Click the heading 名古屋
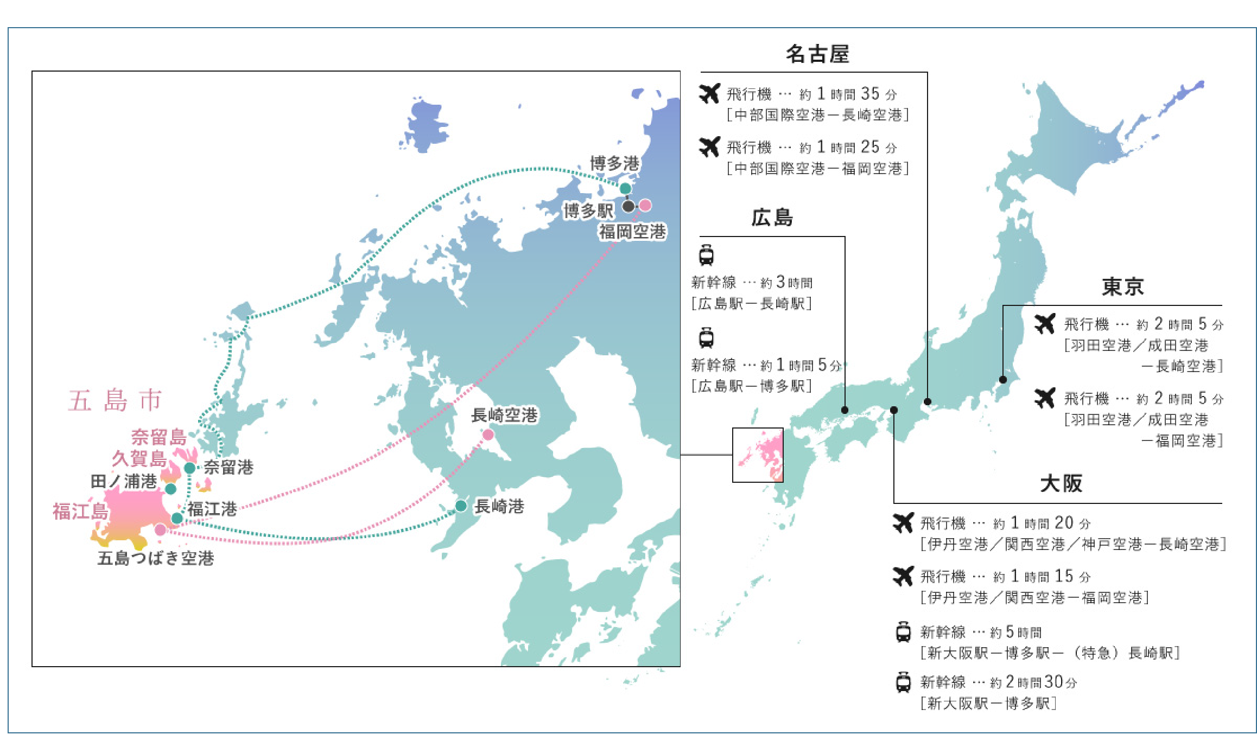(817, 54)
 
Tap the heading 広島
(772, 218)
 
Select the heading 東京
(1122, 286)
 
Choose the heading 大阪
(1061, 483)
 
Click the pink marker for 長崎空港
(488, 434)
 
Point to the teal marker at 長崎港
(461, 506)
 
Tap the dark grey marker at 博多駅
(628, 206)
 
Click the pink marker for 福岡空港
(645, 205)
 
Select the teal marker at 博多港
(625, 188)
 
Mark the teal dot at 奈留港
(189, 468)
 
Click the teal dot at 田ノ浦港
(170, 489)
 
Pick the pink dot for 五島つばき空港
(160, 529)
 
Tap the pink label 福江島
(80, 511)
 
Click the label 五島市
(115, 400)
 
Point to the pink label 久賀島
(139, 459)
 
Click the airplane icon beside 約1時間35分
(709, 93)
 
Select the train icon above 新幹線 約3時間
(706, 255)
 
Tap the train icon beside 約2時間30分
(903, 682)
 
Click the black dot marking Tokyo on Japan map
(1003, 380)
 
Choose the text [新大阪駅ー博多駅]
(988, 704)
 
